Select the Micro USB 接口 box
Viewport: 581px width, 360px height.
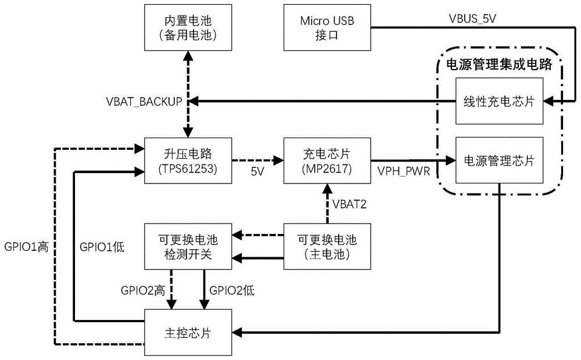pos(327,28)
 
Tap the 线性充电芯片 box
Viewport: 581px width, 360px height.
pos(499,102)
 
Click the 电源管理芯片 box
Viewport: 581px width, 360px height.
pos(499,161)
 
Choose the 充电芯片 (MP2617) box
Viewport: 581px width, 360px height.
pos(327,161)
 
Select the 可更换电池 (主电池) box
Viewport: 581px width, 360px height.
pos(327,246)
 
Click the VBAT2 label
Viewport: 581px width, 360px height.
pos(349,203)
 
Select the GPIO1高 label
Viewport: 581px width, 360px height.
pos(26,246)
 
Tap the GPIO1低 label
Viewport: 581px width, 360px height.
pos(102,246)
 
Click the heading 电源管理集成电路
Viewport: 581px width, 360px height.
pos(498,64)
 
